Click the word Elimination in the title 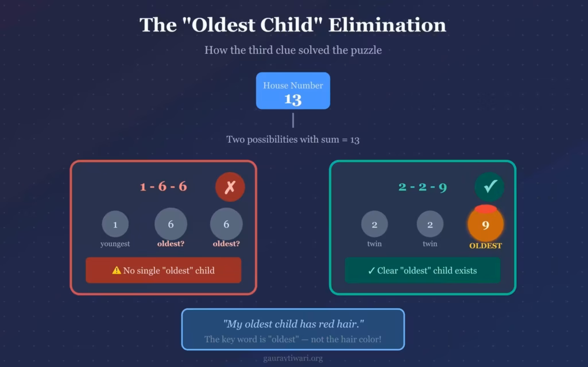click(x=388, y=25)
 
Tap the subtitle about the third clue click(x=293, y=50)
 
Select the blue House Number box click(x=293, y=91)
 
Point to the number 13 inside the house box click(x=293, y=100)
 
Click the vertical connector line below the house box click(x=293, y=120)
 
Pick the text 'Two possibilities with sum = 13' click(x=293, y=140)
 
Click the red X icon click(x=230, y=187)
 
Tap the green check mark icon click(x=489, y=187)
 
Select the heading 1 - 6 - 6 click(x=164, y=186)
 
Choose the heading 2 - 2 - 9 click(x=423, y=187)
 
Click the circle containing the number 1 click(x=115, y=224)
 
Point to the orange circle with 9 click(x=485, y=225)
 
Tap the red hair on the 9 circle click(x=486, y=209)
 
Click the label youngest click(x=115, y=244)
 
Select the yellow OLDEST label click(x=486, y=245)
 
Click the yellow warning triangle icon click(x=117, y=270)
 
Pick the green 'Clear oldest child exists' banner click(x=423, y=271)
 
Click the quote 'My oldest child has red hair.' click(x=293, y=324)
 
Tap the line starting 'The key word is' click(x=293, y=339)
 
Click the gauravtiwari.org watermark click(x=293, y=358)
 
